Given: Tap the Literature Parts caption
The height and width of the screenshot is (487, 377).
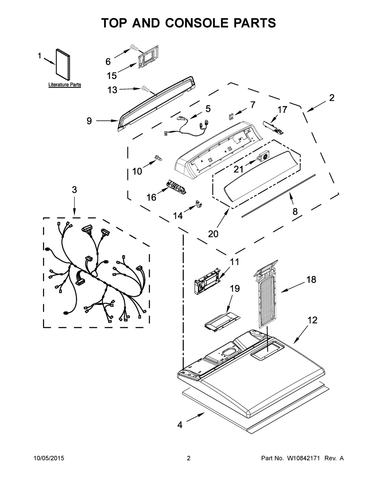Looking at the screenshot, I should (x=64, y=85).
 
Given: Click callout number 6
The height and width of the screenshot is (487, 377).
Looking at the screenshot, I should (x=108, y=61).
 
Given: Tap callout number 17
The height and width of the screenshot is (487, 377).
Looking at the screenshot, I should (x=282, y=110).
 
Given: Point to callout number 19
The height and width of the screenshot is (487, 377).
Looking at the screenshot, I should (x=234, y=289).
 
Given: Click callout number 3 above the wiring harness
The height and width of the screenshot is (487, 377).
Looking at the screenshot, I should (x=74, y=190).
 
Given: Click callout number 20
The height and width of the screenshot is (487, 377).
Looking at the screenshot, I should (x=213, y=234).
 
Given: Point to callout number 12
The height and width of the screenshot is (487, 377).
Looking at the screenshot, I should (x=313, y=320).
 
